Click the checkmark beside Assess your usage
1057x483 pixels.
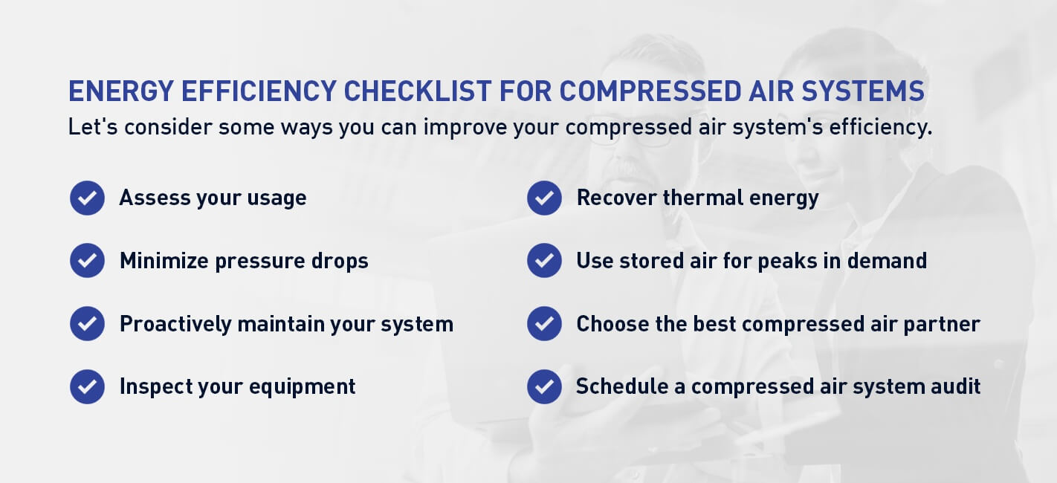tap(87, 198)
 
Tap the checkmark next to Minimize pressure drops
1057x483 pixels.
tap(87, 261)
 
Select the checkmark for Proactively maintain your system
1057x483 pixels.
tap(87, 324)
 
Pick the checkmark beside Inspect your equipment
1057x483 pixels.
tap(87, 386)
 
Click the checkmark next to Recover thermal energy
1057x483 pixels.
tap(544, 198)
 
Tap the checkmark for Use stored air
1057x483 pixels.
tap(544, 261)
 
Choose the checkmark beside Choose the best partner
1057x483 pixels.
tap(544, 324)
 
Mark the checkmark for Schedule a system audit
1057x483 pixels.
tap(544, 386)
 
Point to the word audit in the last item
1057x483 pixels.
tap(954, 386)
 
